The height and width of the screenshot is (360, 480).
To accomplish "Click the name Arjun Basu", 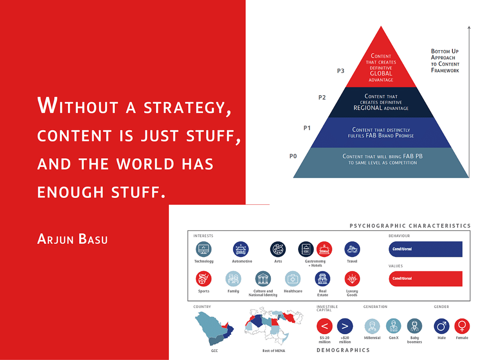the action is click(72, 239).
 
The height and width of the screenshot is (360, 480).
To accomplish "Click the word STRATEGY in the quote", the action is click(187, 107).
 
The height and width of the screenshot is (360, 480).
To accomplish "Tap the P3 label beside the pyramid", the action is click(340, 71).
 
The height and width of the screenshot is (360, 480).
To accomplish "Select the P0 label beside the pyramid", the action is click(293, 156).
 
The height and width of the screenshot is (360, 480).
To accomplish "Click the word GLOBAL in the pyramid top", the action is click(381, 74).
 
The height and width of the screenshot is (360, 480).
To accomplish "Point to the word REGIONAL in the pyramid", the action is click(367, 108).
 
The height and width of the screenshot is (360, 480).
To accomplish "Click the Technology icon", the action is click(203, 249).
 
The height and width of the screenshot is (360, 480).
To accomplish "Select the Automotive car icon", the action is click(240, 249).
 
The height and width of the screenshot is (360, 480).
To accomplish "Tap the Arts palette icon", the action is click(278, 249).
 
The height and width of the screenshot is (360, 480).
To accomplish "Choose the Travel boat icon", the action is click(352, 249).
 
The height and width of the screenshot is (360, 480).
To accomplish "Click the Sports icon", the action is click(203, 279).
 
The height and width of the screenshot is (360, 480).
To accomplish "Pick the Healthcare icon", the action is click(292, 279).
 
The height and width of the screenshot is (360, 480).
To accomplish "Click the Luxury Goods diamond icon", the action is click(352, 279).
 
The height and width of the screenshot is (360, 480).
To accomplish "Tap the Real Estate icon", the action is click(322, 279).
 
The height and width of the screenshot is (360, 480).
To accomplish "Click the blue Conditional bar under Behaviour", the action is click(426, 249).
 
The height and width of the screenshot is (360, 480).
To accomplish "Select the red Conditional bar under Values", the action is click(426, 278).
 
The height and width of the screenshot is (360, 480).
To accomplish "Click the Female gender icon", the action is click(462, 326).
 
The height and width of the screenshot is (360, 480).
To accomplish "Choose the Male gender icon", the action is click(442, 326).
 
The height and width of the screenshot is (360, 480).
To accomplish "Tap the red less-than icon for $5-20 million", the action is click(324, 326).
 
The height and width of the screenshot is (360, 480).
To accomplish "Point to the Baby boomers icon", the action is click(414, 326).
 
